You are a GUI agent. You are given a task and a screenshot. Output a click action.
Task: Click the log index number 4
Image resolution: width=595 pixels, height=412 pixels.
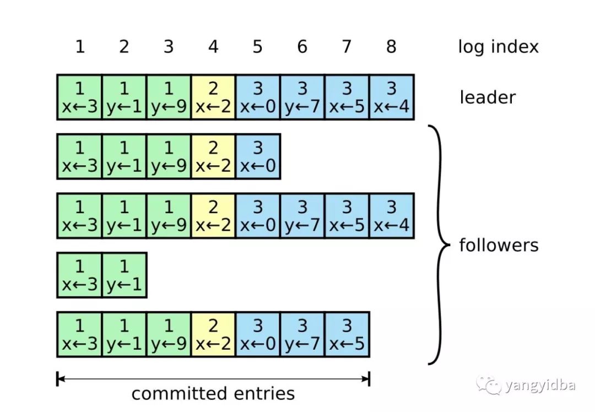click(213, 47)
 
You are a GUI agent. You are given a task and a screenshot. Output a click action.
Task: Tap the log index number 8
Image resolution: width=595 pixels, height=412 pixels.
click(391, 47)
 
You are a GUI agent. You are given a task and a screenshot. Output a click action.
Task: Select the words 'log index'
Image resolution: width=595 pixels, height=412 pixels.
click(498, 47)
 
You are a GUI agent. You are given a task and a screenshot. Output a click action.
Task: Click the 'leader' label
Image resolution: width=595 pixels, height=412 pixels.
click(488, 97)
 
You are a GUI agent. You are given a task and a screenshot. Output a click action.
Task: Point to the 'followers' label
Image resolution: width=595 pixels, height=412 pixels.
click(499, 245)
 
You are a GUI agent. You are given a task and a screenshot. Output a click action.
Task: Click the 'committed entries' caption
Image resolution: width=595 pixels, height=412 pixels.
click(213, 394)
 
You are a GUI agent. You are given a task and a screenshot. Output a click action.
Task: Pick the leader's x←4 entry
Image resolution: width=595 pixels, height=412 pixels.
click(391, 97)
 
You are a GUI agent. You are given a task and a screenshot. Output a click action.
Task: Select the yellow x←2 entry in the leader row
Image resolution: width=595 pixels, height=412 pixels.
click(213, 97)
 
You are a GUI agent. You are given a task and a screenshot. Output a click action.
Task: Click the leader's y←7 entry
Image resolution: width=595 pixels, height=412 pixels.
click(302, 97)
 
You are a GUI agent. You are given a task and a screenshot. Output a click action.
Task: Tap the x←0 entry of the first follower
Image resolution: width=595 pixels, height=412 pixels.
click(258, 156)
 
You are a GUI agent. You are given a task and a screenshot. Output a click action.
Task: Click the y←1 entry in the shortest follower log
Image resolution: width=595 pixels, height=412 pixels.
click(124, 275)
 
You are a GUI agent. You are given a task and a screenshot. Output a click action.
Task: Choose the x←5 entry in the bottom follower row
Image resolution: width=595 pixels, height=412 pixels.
click(347, 334)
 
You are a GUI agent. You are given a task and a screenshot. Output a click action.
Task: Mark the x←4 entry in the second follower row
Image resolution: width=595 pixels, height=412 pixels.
click(391, 215)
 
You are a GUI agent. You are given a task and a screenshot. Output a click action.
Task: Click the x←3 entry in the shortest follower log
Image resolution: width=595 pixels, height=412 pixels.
click(79, 275)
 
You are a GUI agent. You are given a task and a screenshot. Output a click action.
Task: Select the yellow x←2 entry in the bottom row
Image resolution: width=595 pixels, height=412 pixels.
click(213, 334)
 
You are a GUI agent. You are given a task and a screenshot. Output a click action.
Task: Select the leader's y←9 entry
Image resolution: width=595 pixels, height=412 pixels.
click(169, 97)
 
